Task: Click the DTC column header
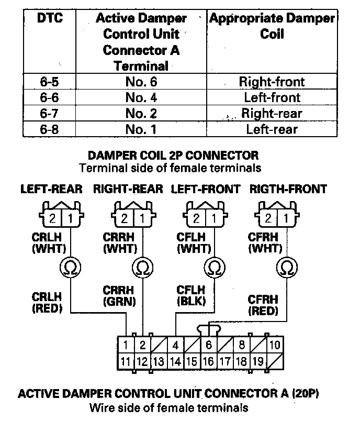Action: coord(50,18)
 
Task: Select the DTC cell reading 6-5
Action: coord(49,81)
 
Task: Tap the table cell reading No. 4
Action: coord(141,97)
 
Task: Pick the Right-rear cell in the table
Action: coord(272,113)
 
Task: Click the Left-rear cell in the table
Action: coord(272,129)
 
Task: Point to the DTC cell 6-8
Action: coord(49,129)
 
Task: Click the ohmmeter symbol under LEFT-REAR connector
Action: coord(71,268)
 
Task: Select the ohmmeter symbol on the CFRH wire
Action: coord(287,268)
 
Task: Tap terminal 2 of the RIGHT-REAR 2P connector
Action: coord(124,218)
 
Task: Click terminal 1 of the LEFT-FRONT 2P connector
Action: coord(214,218)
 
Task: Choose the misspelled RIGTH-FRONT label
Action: coord(288,189)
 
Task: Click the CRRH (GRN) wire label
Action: coord(119,296)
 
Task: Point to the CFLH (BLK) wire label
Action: coord(192,295)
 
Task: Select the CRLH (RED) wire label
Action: coord(47,303)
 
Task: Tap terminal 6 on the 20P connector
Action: coord(209,345)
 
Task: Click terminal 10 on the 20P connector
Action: coord(275,345)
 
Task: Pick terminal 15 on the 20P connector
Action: coord(192,361)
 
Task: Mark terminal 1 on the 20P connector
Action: coord(126,345)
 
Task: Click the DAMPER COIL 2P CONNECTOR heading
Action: coord(173,156)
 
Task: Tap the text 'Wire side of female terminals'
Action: coord(169,407)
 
